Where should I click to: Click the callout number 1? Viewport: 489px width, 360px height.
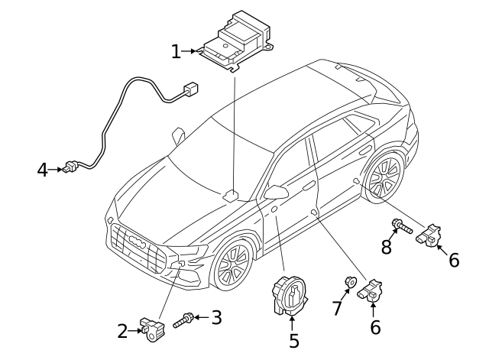coord(176,51)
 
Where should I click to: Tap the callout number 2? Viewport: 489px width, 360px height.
coord(122,331)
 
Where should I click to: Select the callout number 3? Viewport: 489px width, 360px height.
coord(216,316)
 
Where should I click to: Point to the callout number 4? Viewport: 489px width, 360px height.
coord(43,169)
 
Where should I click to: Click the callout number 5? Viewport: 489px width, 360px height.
coord(293,340)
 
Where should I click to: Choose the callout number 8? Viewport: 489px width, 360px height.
coord(387,246)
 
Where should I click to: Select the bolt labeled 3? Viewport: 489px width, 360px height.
coord(183,321)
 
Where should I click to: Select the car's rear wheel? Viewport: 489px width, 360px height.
coord(384,178)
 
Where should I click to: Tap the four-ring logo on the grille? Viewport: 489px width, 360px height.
coord(138,242)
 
